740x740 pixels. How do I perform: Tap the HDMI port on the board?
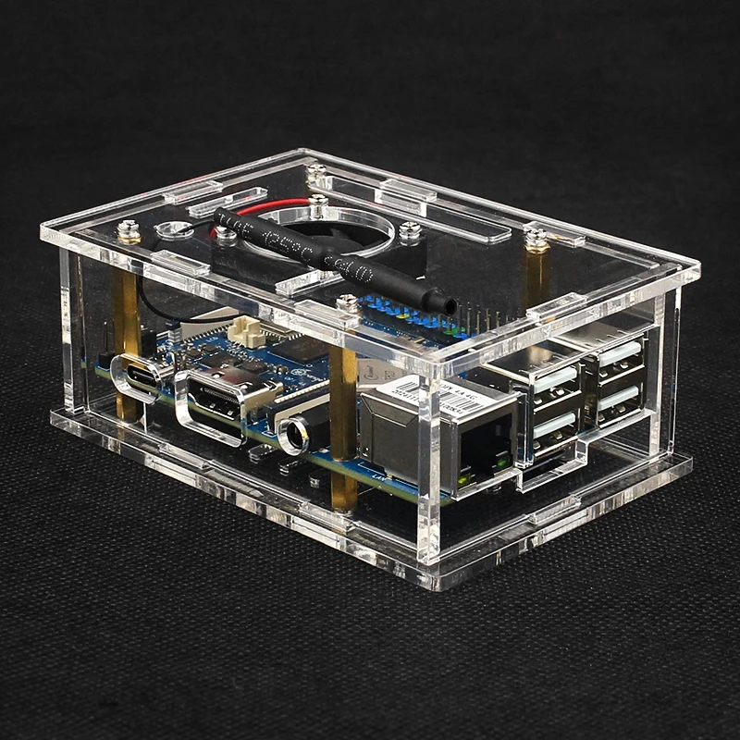216,398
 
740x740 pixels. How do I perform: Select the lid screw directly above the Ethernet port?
348,302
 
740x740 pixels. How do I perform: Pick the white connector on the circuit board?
245,328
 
